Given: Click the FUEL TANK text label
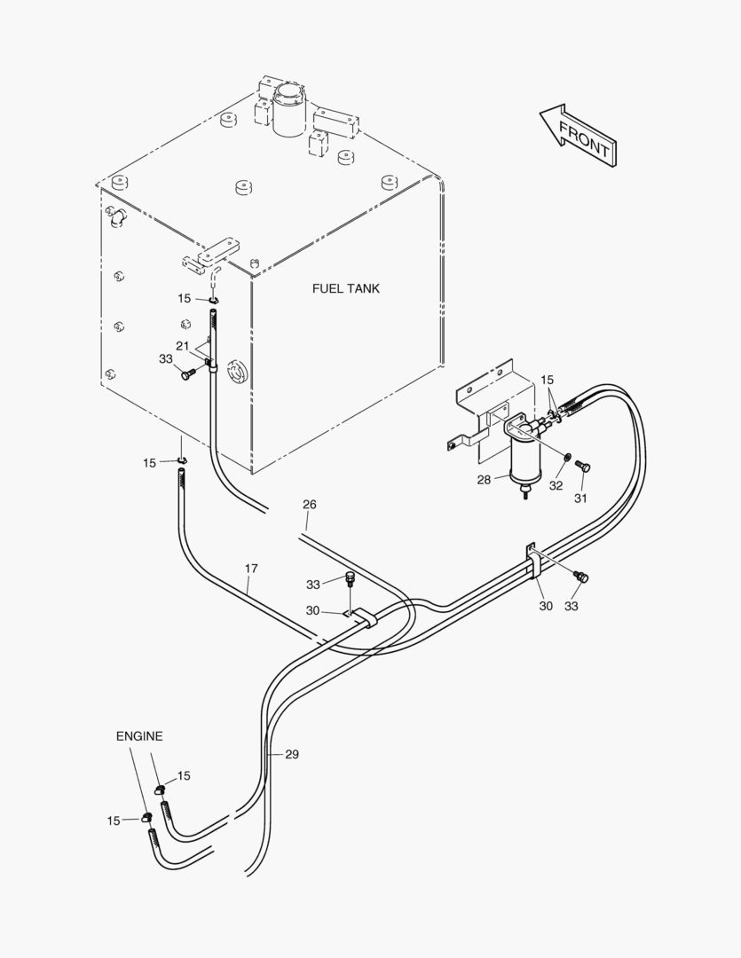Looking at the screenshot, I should click(346, 288).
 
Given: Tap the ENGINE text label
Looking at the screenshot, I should click(139, 736).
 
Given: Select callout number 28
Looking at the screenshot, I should click(484, 480).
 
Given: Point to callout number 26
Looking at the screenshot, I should click(309, 505).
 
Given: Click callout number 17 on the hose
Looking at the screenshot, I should click(251, 568).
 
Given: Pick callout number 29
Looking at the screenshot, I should click(292, 754).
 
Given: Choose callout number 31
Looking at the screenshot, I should click(580, 498).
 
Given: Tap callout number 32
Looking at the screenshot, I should click(556, 485).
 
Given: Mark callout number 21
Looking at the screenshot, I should click(183, 345).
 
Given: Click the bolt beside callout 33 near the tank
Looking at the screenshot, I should click(187, 374).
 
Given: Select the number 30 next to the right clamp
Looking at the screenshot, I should click(546, 606).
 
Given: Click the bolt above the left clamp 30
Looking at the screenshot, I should click(351, 580).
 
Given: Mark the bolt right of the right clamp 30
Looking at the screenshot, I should click(582, 577).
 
